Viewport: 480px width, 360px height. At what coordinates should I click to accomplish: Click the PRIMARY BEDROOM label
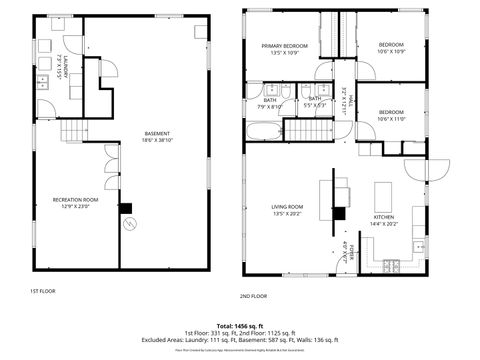(285, 46)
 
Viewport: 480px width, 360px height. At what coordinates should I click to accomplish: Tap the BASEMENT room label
(156, 134)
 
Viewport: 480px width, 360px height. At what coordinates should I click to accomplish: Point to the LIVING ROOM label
(287, 207)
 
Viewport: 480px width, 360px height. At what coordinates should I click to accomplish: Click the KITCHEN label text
(384, 218)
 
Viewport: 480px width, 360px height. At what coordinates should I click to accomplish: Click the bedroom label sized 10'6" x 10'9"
(391, 46)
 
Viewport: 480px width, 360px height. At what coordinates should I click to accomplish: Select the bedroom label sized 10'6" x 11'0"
(391, 113)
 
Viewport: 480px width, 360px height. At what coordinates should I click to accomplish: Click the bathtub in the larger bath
(263, 130)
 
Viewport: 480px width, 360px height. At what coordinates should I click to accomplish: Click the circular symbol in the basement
(127, 226)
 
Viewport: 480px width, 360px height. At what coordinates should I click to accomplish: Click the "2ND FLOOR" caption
(253, 296)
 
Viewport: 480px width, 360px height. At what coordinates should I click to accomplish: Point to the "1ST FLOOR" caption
(42, 290)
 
